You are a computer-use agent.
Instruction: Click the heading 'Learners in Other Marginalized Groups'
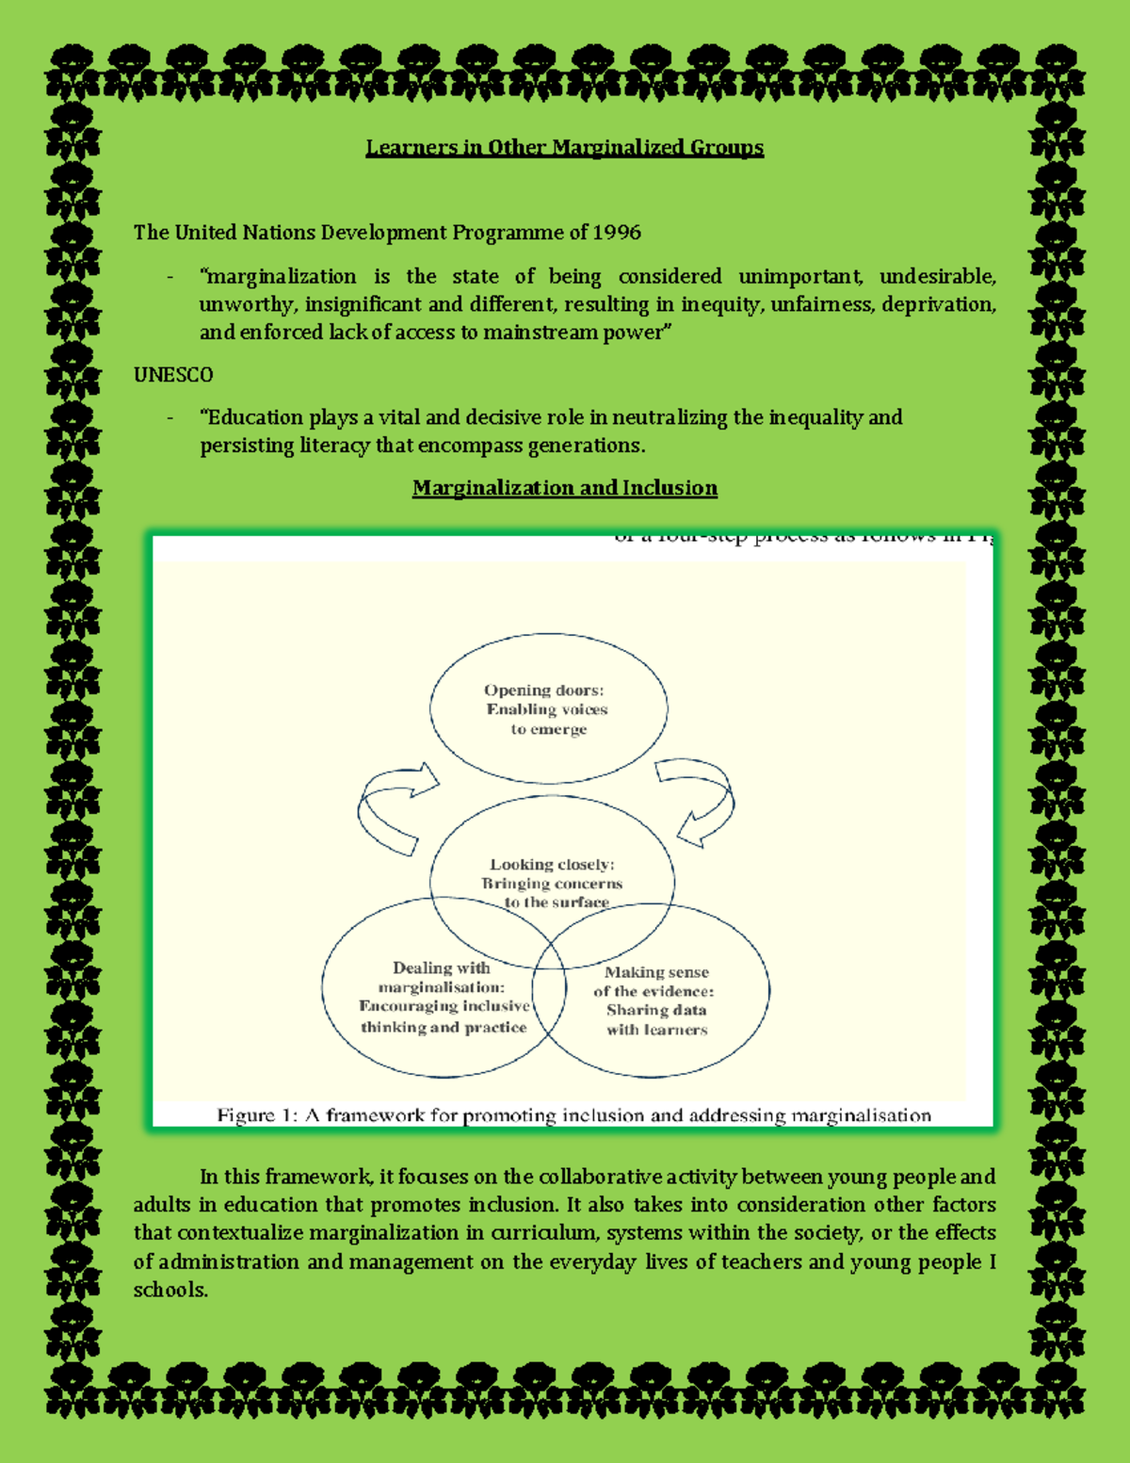point(564,147)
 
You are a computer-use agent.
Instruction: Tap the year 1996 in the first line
point(617,232)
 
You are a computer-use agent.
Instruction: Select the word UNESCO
point(173,374)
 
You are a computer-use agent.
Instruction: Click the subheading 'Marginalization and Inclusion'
point(564,488)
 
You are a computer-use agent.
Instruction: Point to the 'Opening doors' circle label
point(547,709)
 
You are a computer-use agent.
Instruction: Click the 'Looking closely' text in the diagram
point(552,865)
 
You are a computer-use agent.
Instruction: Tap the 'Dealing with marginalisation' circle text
point(442,997)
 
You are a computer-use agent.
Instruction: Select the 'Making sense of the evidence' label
point(656,1000)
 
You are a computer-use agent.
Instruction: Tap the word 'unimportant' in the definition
point(799,276)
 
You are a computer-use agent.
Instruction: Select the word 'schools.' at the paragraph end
point(170,1290)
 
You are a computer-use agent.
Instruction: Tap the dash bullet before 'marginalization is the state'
point(169,277)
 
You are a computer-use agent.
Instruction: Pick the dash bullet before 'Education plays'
point(169,418)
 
